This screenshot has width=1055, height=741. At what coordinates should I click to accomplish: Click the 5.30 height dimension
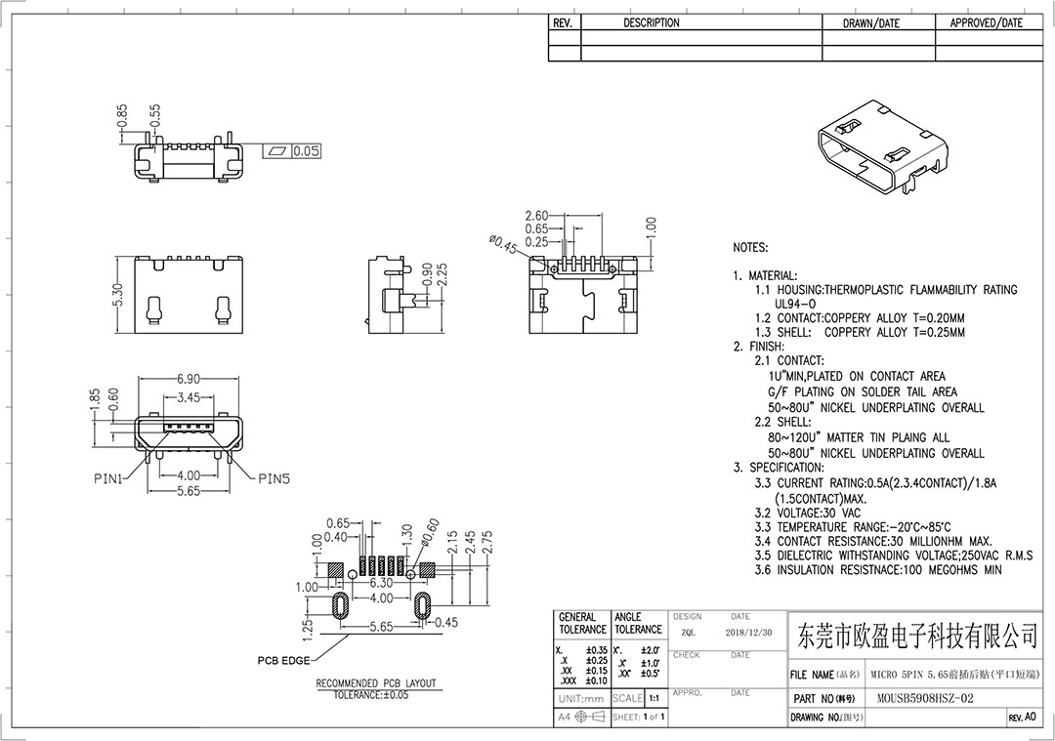[118, 295]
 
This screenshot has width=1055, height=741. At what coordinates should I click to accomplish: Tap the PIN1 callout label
[107, 479]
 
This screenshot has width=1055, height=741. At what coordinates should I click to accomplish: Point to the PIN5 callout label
[274, 479]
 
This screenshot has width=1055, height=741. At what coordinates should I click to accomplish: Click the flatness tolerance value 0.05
[306, 151]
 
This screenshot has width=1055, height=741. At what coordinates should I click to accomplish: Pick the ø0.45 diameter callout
[503, 245]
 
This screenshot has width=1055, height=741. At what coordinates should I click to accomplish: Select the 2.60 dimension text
[537, 216]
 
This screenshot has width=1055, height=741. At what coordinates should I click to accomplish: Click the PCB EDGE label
[284, 661]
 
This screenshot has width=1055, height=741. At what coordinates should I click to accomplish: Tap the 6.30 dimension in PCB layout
[382, 583]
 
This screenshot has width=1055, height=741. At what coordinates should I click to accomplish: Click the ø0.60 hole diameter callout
[430, 532]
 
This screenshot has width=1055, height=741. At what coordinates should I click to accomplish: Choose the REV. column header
[563, 22]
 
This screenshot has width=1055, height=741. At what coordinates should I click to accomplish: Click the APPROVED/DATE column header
[986, 22]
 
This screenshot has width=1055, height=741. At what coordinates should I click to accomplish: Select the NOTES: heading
[750, 247]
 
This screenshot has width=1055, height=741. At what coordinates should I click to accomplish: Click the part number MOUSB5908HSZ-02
[925, 699]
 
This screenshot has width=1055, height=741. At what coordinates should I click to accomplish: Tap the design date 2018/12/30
[749, 633]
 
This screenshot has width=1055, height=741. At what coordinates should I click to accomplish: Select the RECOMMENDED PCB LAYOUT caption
[376, 683]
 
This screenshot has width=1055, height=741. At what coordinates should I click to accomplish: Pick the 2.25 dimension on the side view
[443, 275]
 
